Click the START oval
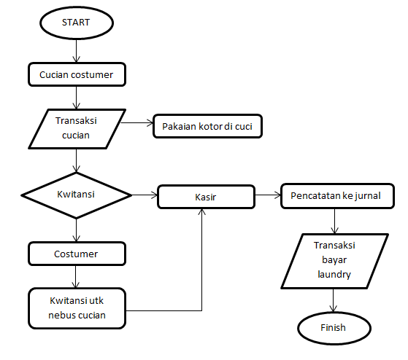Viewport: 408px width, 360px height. pyautogui.click(x=77, y=23)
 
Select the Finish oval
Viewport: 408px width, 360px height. pyautogui.click(x=334, y=329)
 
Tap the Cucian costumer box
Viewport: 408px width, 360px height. pyautogui.click(x=77, y=74)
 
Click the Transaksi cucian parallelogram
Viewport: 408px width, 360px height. pyautogui.click(x=77, y=129)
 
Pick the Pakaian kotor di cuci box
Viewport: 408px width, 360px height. pyautogui.click(x=207, y=126)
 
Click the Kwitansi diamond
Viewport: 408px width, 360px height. pyautogui.click(x=76, y=195)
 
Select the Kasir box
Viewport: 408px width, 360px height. pyautogui.click(x=206, y=197)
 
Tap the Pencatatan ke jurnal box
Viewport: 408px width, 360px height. pyautogui.click(x=337, y=196)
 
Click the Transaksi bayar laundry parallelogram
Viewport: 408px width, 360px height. pyautogui.click(x=334, y=261)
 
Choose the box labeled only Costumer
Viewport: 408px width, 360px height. pyautogui.click(x=77, y=254)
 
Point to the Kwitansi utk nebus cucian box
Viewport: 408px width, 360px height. pyautogui.click(x=77, y=308)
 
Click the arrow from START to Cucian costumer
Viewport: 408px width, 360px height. pyautogui.click(x=76, y=51)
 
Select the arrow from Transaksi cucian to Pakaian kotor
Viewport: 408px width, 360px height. pyautogui.click(x=137, y=122)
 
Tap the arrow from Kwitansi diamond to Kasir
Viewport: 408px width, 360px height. pyautogui.click(x=145, y=195)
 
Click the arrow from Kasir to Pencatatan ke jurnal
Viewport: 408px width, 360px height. pyautogui.click(x=268, y=195)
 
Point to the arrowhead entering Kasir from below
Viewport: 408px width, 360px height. pyautogui.click(x=201, y=211)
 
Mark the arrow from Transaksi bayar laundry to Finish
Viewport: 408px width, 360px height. pyautogui.click(x=333, y=300)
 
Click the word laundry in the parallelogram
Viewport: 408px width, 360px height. pyautogui.click(x=334, y=274)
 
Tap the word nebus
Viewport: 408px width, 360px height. pyautogui.click(x=61, y=315)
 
